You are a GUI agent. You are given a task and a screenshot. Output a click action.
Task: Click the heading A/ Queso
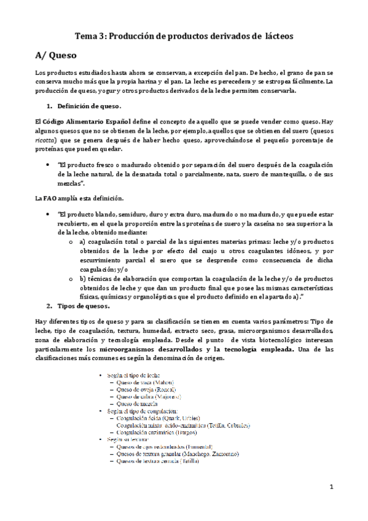(x=55, y=55)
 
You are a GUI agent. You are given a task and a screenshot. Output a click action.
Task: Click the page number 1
(x=331, y=487)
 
